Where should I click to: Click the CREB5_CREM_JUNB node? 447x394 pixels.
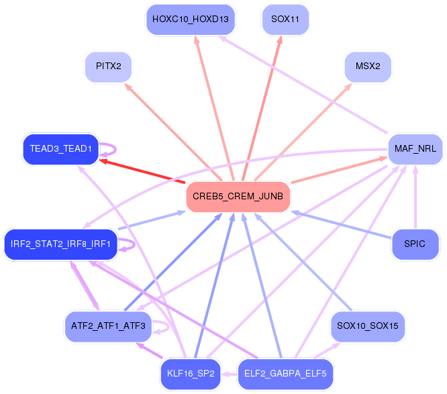(x=238, y=197)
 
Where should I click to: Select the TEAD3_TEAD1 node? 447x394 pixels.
(x=60, y=148)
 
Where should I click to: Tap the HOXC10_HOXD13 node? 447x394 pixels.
(x=191, y=19)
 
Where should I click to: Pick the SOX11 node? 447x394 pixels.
(x=285, y=19)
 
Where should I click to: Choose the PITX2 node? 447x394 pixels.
(x=108, y=66)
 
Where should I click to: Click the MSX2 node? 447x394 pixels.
(x=368, y=66)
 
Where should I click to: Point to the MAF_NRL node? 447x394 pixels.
(x=415, y=148)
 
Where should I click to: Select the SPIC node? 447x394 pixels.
(x=415, y=244)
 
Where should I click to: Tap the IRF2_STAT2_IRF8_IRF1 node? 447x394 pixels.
(x=60, y=243)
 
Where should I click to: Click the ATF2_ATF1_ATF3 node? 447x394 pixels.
(x=108, y=326)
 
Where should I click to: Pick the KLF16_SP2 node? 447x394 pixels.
(x=191, y=373)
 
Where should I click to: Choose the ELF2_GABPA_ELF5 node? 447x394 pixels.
(x=285, y=373)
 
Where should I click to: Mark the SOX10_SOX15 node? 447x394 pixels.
(x=368, y=326)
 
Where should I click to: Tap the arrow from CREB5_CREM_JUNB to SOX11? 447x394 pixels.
(x=266, y=107)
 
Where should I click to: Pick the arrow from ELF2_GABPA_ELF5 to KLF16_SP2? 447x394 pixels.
(x=230, y=374)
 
